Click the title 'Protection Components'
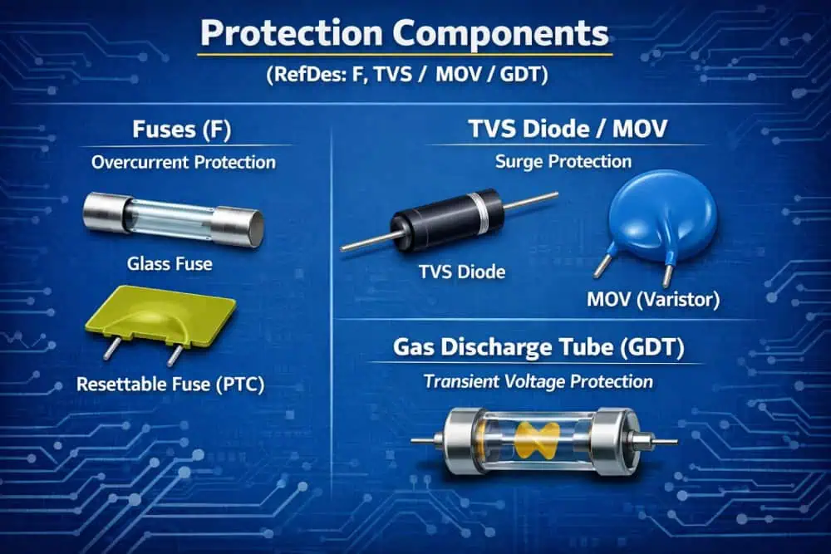pos(405,33)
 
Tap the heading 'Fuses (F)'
pos(182,129)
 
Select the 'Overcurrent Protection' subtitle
pos(184,162)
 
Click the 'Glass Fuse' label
pos(170,264)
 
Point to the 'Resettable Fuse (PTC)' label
pos(170,384)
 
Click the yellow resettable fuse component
pos(160,316)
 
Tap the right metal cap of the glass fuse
pos(238,227)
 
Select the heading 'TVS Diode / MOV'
pos(568,129)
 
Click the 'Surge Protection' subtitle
pos(563,161)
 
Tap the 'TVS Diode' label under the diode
pos(462,272)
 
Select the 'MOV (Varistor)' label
pos(653,299)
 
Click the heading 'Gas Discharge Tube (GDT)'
pos(538,347)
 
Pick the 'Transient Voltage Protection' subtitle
pos(538,381)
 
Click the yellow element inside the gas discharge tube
pos(537,439)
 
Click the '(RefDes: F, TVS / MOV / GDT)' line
pos(407,74)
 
